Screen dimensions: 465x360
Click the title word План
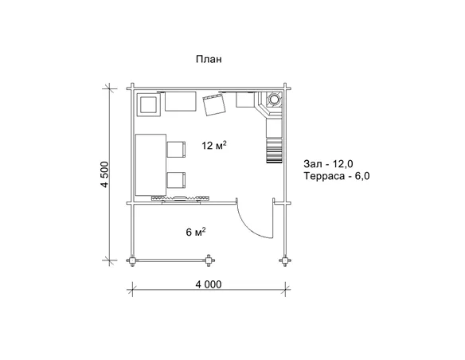coord(209,59)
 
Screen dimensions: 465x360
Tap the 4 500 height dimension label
coord(104,174)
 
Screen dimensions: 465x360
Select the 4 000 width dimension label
coord(209,284)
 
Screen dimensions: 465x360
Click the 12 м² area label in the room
coord(214,145)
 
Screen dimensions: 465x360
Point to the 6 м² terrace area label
coord(196,232)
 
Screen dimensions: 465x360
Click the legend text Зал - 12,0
coord(328,164)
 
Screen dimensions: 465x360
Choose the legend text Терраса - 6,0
coord(337,176)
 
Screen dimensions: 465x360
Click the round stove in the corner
coord(274,100)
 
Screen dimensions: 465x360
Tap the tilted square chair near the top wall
coord(214,105)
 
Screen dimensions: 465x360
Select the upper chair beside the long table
coord(177,150)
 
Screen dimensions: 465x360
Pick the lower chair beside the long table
coord(177,180)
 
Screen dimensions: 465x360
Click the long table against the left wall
coord(150,165)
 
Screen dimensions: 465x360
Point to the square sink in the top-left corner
coord(148,104)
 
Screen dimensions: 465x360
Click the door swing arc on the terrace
coord(248,226)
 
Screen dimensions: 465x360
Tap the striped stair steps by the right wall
coord(274,151)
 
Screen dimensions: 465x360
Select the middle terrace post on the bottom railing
coord(209,260)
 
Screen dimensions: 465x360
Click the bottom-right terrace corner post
coord(285,260)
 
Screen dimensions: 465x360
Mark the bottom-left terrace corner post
coord(132,260)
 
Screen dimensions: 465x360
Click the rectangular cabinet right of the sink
coord(181,101)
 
